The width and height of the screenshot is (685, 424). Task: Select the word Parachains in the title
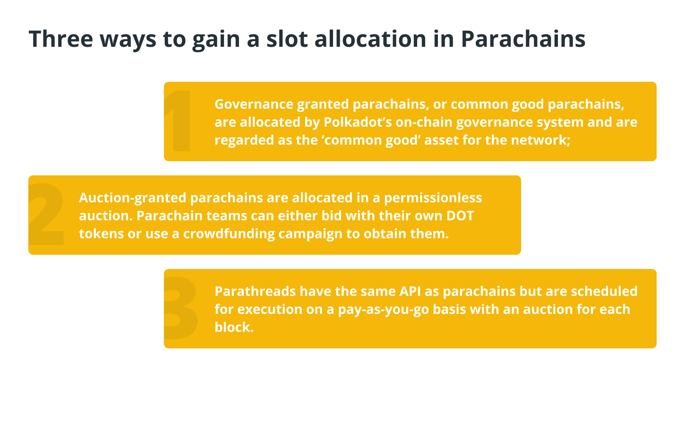(523, 39)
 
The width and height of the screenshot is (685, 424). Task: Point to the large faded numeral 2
(46, 215)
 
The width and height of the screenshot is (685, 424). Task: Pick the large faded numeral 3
(181, 308)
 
